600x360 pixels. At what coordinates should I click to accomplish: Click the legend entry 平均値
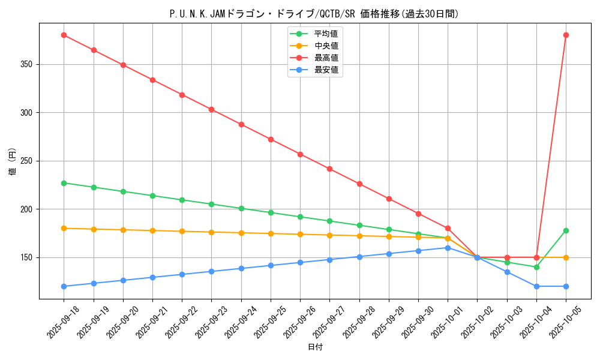coord(326,34)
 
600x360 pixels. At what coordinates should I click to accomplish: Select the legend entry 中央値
coord(326,46)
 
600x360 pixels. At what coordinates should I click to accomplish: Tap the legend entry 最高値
coord(326,58)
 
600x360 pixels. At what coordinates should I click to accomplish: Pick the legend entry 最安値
coord(326,70)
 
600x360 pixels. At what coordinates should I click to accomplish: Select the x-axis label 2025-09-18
coord(63,322)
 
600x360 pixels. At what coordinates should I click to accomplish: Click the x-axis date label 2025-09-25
coord(270,322)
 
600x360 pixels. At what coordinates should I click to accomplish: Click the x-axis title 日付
coord(315,347)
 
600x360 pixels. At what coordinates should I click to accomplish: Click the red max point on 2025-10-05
coord(566,35)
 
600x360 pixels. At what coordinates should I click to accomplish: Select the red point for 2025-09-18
coord(64,35)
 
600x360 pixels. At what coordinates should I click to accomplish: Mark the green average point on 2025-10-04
coord(536,267)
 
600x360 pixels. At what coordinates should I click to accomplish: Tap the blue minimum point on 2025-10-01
coord(448,248)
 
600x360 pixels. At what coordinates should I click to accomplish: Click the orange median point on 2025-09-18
coord(64,228)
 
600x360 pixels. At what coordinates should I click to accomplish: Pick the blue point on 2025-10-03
coord(507,272)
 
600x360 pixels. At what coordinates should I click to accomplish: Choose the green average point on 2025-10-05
coord(566,230)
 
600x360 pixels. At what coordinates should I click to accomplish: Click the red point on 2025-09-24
coord(241,124)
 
